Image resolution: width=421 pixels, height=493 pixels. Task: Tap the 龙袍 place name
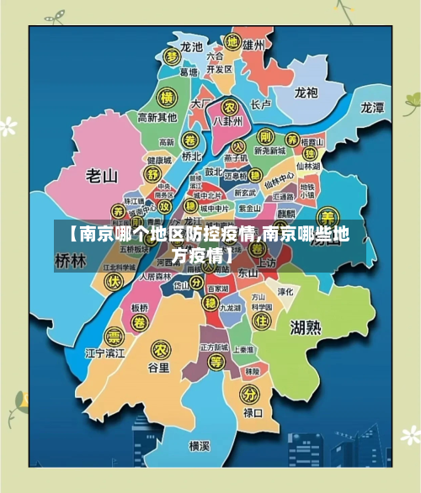pos(305,93)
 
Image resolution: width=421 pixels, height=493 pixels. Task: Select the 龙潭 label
pos(372,107)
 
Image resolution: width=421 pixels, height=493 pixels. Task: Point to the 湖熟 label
pos(304,326)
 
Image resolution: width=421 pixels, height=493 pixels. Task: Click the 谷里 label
pos(158,368)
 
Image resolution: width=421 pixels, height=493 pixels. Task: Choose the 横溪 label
pos(199,445)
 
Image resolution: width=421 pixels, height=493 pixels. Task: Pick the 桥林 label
pos(70,261)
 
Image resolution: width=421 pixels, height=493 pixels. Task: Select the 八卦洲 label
pos(228,121)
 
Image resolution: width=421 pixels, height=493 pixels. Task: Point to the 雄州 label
pos(253,44)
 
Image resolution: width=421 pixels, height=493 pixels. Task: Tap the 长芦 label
pos(261,105)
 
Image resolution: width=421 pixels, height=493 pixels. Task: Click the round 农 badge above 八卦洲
pos(227,106)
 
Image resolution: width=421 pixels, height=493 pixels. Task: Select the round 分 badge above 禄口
pos(248,394)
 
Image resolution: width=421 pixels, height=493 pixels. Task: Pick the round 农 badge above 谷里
pos(158,348)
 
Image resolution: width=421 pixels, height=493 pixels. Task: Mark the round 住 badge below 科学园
pos(262,322)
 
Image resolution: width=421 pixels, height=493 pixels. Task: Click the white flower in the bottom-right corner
pos(410,434)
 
